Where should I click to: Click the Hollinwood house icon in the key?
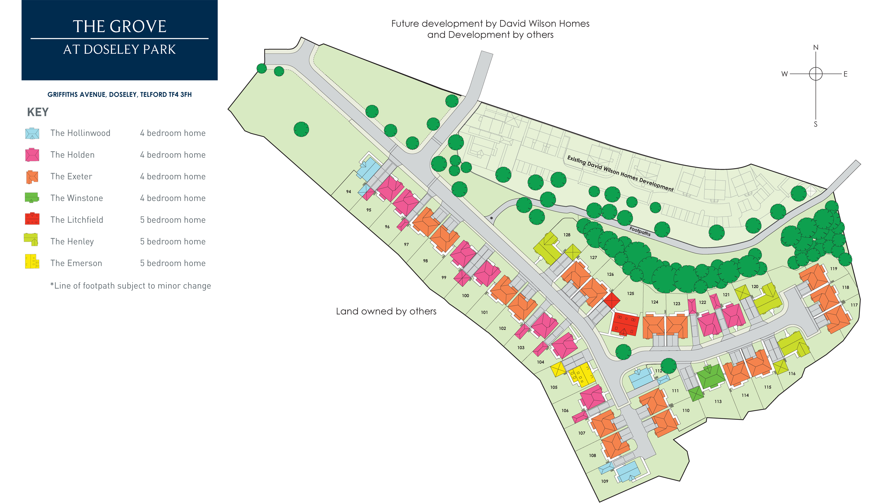pyautogui.click(x=32, y=133)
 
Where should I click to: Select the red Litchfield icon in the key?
pyautogui.click(x=32, y=219)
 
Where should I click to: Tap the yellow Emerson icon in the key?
pyautogui.click(x=32, y=262)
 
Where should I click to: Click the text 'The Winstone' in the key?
pyautogui.click(x=77, y=198)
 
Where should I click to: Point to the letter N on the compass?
pyautogui.click(x=816, y=48)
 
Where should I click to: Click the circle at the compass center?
pyautogui.click(x=816, y=74)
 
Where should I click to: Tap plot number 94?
pyautogui.click(x=349, y=192)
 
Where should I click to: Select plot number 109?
pyautogui.click(x=605, y=481)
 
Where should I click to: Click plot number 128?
pyautogui.click(x=567, y=235)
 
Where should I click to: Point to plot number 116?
pyautogui.click(x=792, y=374)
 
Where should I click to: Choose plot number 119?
pyautogui.click(x=834, y=269)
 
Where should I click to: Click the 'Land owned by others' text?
pyautogui.click(x=386, y=311)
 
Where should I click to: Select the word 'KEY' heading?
pyautogui.click(x=38, y=112)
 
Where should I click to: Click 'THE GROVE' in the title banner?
pyautogui.click(x=119, y=27)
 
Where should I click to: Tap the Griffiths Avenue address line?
pyautogui.click(x=119, y=95)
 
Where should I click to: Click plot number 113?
pyautogui.click(x=718, y=401)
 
